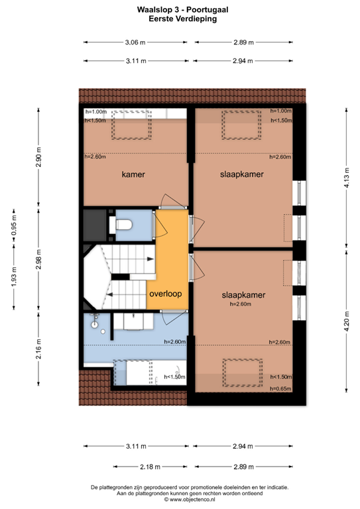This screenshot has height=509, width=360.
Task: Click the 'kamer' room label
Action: (133, 174)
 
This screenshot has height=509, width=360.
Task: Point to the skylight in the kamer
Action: (129, 125)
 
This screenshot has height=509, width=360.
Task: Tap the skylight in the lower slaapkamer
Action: (240, 374)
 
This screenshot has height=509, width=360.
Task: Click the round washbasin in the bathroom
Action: (95, 325)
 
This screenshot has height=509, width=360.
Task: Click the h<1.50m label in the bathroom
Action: (175, 377)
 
